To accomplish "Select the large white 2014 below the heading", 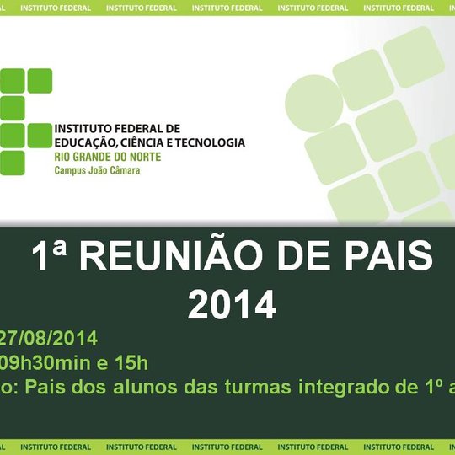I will click(232, 304).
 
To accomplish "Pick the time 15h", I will click(132, 363).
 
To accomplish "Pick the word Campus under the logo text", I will click(72, 170).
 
